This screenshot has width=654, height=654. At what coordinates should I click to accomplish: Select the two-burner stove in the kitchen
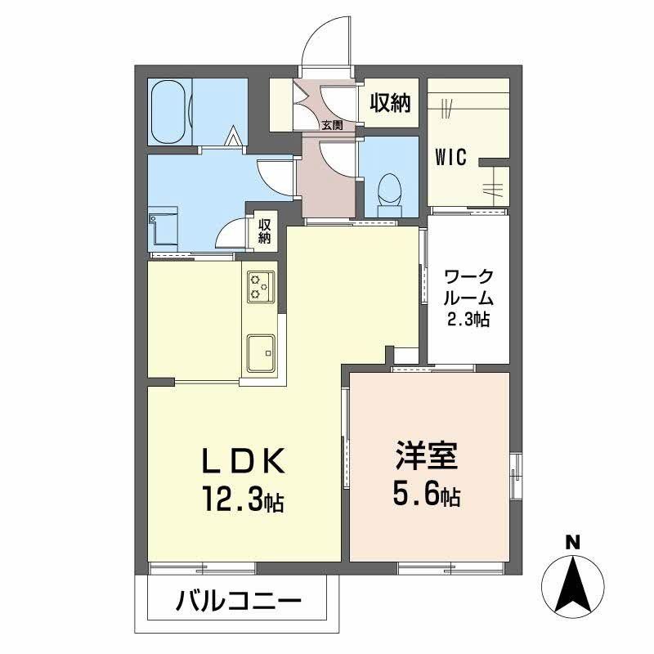click(x=261, y=286)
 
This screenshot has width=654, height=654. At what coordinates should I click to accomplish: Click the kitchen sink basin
click(x=261, y=352)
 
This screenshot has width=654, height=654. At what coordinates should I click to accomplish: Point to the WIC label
click(x=450, y=157)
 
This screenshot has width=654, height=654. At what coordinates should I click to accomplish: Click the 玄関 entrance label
click(x=331, y=125)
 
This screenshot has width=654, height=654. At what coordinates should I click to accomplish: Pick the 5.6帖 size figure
click(x=427, y=493)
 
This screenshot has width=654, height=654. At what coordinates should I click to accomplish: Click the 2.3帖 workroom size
click(x=468, y=319)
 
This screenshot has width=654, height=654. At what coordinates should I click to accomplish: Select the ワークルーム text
click(x=468, y=286)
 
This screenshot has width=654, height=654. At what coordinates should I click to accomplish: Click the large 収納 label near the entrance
click(x=390, y=104)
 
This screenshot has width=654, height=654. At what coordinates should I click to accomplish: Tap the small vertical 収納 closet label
click(x=265, y=231)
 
